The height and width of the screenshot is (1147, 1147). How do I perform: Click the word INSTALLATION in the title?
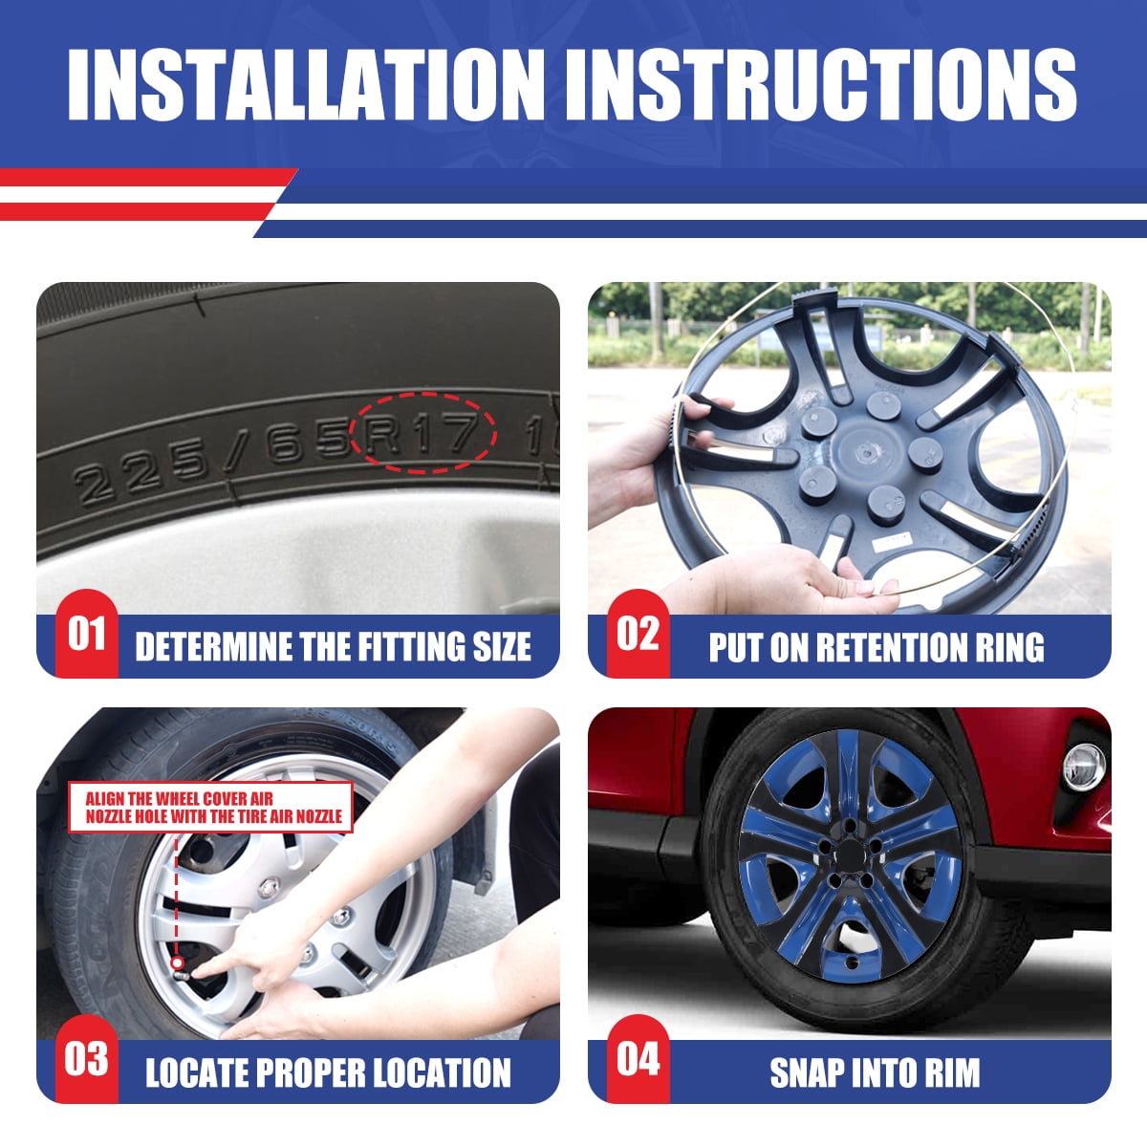tap(305, 85)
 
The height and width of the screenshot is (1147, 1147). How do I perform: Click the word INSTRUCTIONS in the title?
tap(821, 85)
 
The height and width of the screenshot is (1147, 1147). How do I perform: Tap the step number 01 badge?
tap(87, 635)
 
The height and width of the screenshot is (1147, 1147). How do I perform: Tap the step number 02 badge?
tap(638, 635)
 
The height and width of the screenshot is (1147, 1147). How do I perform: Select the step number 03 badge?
tap(87, 1060)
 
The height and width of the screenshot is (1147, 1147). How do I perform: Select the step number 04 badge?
tap(638, 1060)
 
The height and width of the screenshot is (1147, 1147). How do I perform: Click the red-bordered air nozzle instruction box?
tap(211, 808)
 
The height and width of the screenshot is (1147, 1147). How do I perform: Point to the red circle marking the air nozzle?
tap(177, 962)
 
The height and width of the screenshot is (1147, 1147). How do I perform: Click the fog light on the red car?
tap(1084, 768)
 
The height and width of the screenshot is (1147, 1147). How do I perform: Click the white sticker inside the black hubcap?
tap(892, 541)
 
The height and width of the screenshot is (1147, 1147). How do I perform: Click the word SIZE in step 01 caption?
tap(502, 647)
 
